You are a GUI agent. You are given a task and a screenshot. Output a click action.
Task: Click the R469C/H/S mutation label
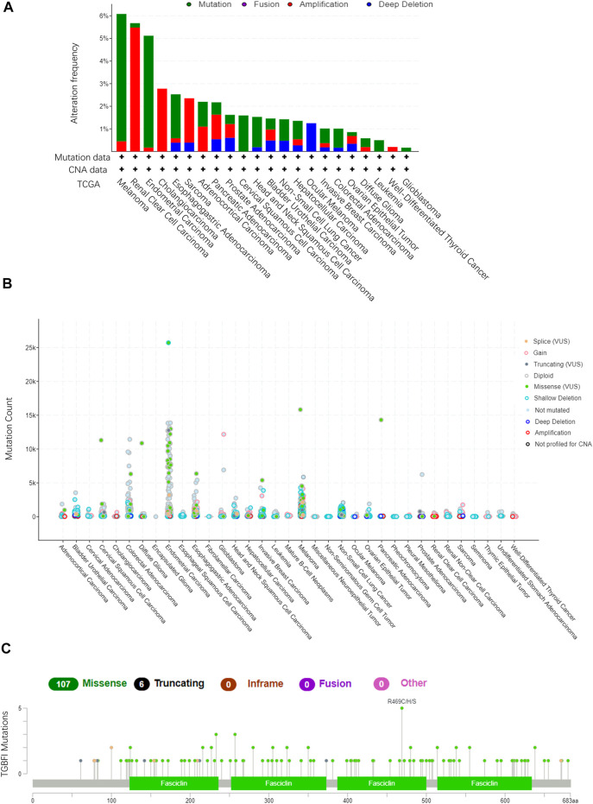tap(401, 701)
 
